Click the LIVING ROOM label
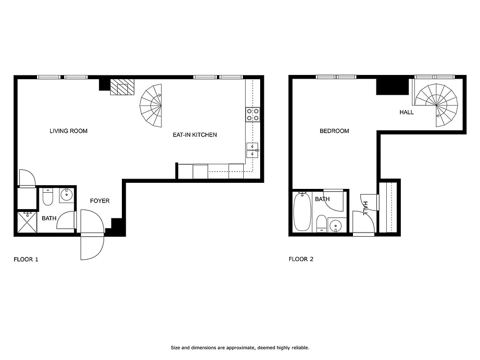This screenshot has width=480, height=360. pos(68,131)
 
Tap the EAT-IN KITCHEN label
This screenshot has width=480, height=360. pos(195,135)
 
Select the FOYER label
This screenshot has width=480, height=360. pos(100,201)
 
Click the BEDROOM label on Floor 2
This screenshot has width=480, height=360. pos(334,131)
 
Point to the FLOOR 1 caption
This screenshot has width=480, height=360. pos(26,259)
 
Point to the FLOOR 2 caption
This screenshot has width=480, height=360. pos(300,259)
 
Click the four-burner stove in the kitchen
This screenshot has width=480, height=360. pos(253,115)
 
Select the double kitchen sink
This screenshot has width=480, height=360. pos(252,150)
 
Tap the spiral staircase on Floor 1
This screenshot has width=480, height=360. pos(152,106)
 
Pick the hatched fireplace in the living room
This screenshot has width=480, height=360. pos(122,87)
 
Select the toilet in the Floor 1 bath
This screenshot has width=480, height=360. pos(47,197)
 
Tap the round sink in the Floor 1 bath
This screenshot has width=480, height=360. pos(67,195)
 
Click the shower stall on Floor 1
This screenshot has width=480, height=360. pos(27,222)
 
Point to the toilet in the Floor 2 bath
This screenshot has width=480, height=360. pos(321,223)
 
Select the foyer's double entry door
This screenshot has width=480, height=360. pos(92,234)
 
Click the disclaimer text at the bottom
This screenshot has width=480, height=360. pos(240,348)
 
